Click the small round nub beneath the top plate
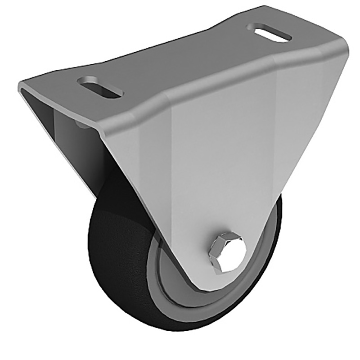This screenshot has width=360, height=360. (80, 122)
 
